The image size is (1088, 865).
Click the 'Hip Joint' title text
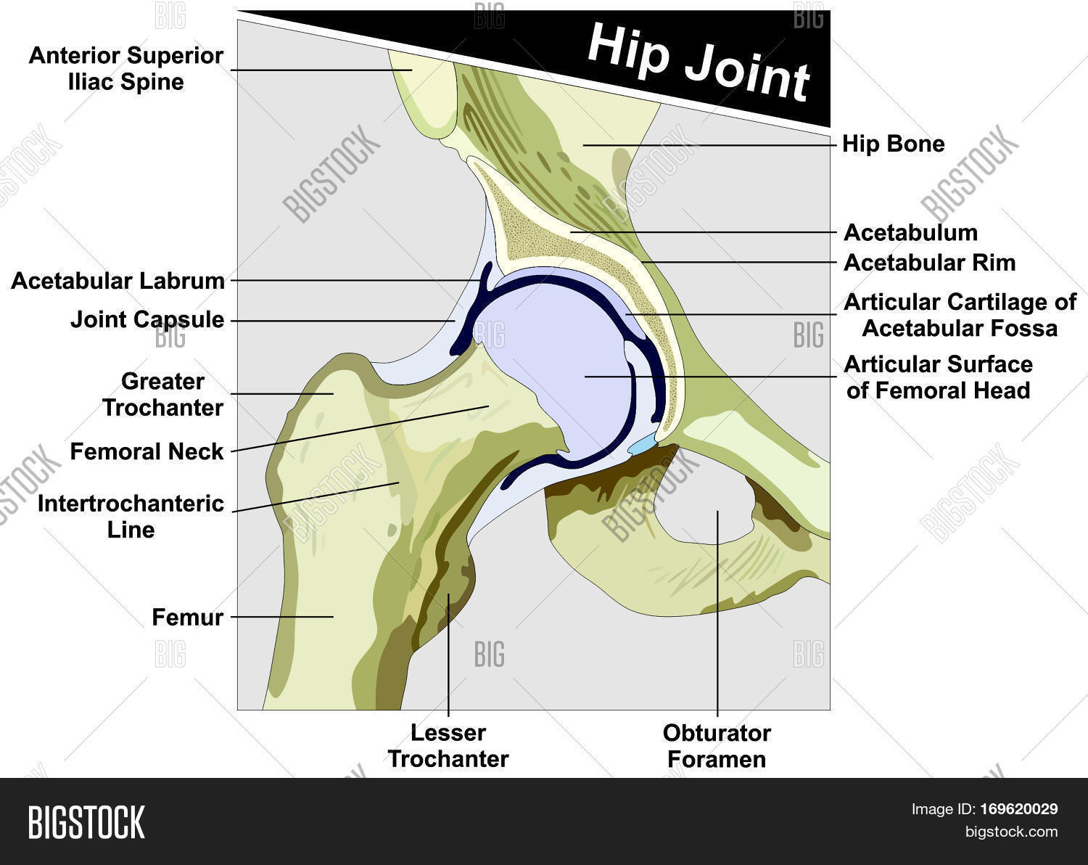(x=697, y=62)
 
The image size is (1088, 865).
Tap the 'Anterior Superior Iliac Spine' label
(x=126, y=69)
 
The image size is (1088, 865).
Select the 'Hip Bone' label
(x=893, y=144)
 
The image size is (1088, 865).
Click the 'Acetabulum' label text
(x=910, y=233)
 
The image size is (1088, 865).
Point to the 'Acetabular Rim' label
(x=929, y=263)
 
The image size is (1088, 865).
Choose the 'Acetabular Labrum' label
(x=118, y=281)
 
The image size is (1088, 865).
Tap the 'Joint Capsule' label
(x=147, y=319)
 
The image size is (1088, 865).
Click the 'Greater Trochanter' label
(x=162, y=395)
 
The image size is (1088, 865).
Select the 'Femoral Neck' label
(x=147, y=451)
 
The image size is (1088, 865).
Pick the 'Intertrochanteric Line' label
(x=131, y=516)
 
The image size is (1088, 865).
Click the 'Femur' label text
(x=187, y=618)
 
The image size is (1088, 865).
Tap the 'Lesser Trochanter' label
(x=448, y=746)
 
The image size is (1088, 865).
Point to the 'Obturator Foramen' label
(x=717, y=746)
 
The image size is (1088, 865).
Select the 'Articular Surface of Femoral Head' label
(x=938, y=377)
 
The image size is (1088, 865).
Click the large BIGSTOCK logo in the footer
(x=86, y=822)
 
